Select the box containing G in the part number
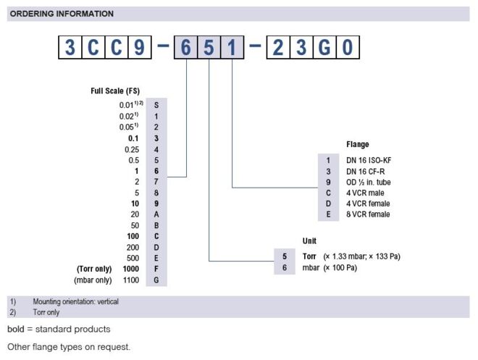pyautogui.click(x=325, y=48)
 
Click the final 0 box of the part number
pyautogui.click(x=348, y=48)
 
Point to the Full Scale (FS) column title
pyautogui.click(x=115, y=91)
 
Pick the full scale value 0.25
pyautogui.click(x=131, y=149)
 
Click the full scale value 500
pyautogui.click(x=133, y=258)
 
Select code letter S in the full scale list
pyautogui.click(x=156, y=106)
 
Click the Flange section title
pyautogui.click(x=358, y=144)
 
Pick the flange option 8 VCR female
pyautogui.click(x=369, y=214)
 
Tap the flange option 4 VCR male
pyautogui.click(x=365, y=193)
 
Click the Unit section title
pyautogui.click(x=309, y=240)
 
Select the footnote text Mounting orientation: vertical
pyautogui.click(x=75, y=301)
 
